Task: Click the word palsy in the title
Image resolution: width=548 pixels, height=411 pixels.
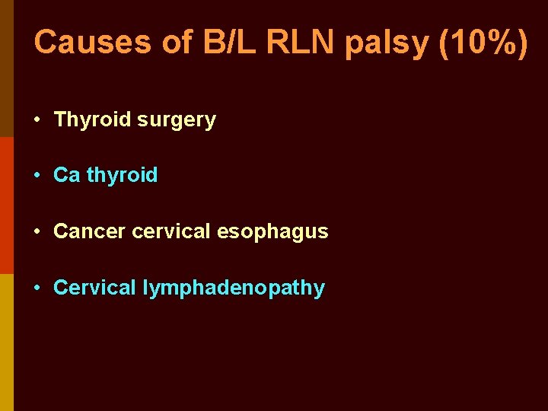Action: (x=388, y=44)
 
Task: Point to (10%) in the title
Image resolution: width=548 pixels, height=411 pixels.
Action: (x=483, y=43)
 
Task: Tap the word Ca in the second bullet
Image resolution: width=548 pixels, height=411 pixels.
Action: (x=66, y=175)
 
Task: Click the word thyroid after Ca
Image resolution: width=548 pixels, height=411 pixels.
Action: (x=122, y=176)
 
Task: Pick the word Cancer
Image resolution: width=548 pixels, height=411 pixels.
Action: (x=90, y=231)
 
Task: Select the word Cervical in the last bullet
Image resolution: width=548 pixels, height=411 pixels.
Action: (x=94, y=288)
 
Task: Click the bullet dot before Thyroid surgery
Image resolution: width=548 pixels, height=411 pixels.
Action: (x=37, y=120)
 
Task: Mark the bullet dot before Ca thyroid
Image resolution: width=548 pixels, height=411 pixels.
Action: (x=37, y=176)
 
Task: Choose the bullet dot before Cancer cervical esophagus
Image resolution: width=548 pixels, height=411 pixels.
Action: (x=37, y=232)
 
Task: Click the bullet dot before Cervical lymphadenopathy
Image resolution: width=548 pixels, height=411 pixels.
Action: (x=37, y=288)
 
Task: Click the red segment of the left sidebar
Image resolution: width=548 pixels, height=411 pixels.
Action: (x=6, y=205)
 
